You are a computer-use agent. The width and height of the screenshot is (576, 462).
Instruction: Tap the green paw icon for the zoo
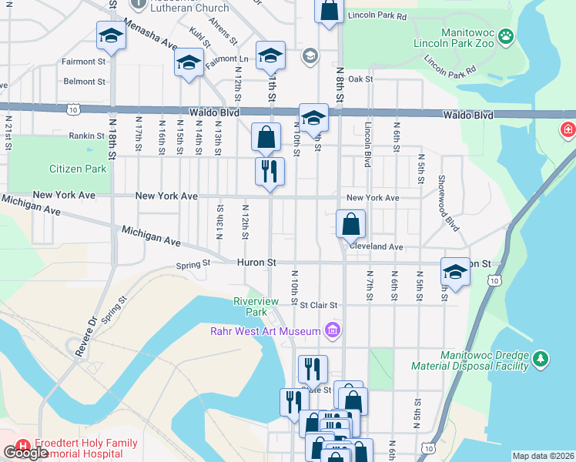505,35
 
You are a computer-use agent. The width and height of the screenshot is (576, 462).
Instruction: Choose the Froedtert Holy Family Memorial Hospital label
85,448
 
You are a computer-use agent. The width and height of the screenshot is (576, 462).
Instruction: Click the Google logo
25,454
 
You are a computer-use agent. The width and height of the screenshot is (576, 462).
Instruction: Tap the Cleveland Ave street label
375,247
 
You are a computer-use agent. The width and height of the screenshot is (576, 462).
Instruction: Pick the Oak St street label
360,79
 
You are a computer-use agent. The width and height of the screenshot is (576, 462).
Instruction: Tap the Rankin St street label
85,136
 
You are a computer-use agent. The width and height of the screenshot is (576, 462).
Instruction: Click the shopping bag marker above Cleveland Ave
350,224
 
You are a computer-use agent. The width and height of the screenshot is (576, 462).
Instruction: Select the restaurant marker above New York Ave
270,171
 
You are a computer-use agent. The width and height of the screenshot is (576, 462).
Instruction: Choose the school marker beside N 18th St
111,35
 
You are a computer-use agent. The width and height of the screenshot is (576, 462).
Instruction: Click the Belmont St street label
85,81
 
